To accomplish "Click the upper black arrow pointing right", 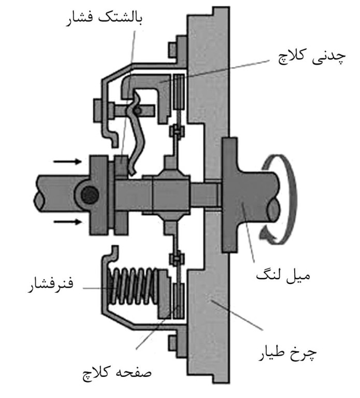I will coord(67,162).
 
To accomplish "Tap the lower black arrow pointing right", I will coord(67,222).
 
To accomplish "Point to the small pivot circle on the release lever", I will coord(136,110).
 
